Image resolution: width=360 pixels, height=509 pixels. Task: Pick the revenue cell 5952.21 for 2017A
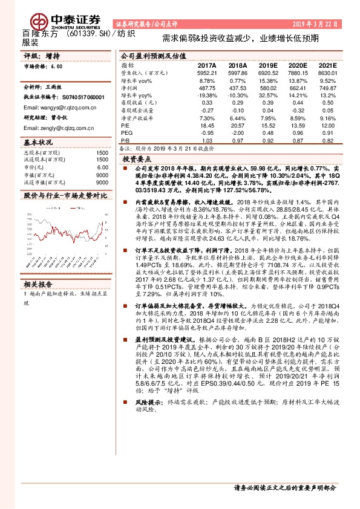click(x=206, y=73)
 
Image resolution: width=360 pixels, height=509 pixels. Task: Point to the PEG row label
click(x=126, y=132)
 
